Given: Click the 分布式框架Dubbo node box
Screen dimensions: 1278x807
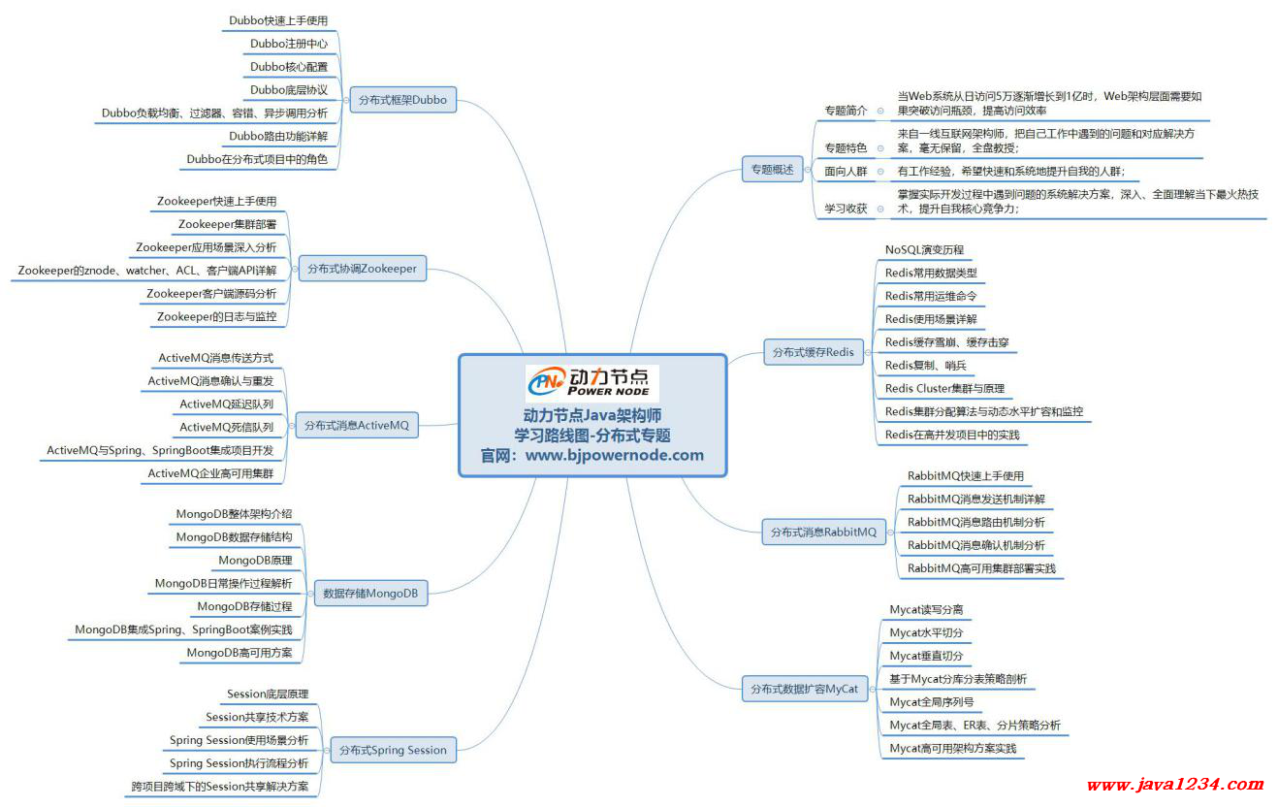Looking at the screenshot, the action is (x=402, y=100).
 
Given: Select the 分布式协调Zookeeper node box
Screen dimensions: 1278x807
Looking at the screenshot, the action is (x=363, y=269).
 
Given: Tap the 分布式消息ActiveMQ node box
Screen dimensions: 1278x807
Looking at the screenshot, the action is (x=357, y=425).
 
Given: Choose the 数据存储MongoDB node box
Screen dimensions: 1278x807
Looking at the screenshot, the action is (x=370, y=594).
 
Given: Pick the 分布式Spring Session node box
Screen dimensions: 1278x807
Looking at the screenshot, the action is (x=393, y=750).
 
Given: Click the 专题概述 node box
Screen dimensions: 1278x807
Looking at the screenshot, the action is (x=772, y=170).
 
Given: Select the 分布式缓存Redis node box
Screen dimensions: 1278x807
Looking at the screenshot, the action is (x=814, y=352).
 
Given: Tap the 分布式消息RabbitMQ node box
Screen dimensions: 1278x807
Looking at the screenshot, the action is (x=824, y=532).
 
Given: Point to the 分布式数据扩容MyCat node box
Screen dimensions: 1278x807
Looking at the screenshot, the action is (x=805, y=689).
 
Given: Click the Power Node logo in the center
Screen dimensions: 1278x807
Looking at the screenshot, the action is (x=592, y=383).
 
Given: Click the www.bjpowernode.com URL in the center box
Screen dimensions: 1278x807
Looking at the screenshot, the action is (x=615, y=456).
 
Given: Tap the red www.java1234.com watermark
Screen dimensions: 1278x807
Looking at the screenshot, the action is (x=1175, y=785).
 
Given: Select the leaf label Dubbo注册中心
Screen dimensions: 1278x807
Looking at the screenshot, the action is (x=289, y=44).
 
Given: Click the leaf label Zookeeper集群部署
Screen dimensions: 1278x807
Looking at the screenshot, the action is (x=227, y=224).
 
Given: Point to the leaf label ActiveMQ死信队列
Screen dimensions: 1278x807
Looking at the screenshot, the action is (x=227, y=427).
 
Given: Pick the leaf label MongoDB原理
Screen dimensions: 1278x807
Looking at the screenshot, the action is (x=255, y=561).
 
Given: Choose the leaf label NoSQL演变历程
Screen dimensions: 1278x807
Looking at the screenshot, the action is (x=924, y=250).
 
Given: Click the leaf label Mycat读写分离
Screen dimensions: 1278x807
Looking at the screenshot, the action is (x=926, y=609).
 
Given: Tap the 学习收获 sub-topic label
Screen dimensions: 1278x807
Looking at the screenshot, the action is (x=846, y=209).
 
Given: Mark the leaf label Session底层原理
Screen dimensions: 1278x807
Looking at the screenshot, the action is (x=268, y=694).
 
